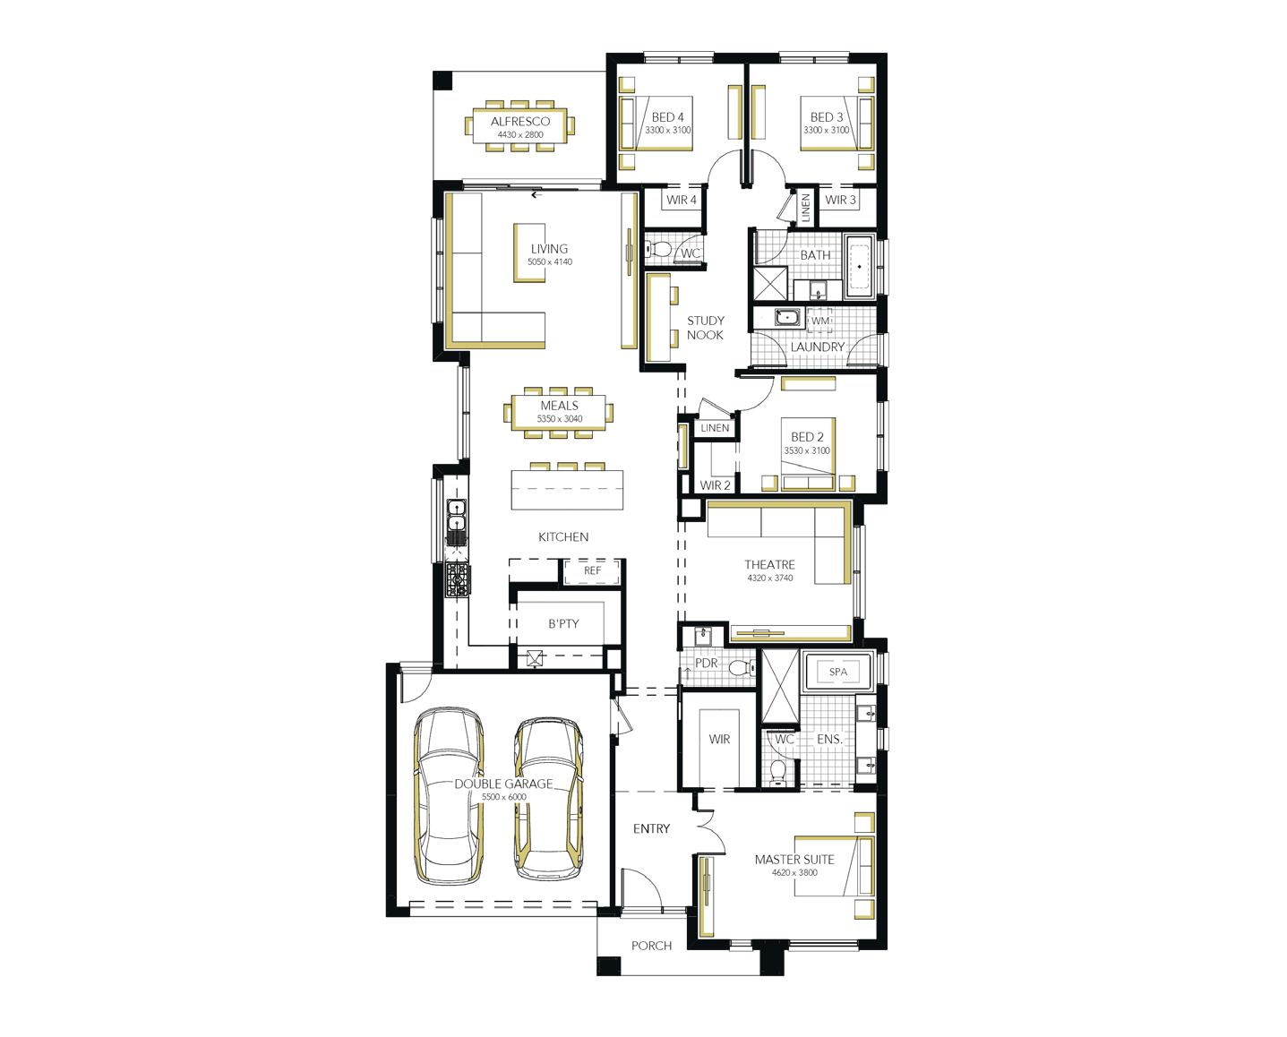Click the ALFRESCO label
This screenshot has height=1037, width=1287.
point(519,122)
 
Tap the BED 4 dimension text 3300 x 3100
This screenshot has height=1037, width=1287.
point(667,131)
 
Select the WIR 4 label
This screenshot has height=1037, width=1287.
point(682,201)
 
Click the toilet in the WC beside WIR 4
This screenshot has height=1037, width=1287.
point(657,248)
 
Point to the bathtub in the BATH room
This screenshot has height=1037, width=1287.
point(859,267)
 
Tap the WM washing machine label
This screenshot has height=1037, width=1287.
point(819,321)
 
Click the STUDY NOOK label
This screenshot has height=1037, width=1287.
point(705,328)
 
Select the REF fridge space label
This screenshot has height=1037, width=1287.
point(592,570)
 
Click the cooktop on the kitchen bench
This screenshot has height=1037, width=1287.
point(458,579)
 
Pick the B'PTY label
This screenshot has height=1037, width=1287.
point(563,624)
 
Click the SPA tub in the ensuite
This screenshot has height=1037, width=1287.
point(838,672)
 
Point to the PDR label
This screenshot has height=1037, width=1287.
point(706,664)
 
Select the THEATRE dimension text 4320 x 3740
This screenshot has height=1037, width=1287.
point(769,578)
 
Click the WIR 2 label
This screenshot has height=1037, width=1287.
point(716,485)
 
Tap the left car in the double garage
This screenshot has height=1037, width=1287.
point(449,796)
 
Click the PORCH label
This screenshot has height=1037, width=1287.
point(651,946)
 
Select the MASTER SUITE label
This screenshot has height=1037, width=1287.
point(794,860)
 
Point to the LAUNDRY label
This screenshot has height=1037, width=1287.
point(817,347)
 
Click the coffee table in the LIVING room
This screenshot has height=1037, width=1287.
point(529,253)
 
